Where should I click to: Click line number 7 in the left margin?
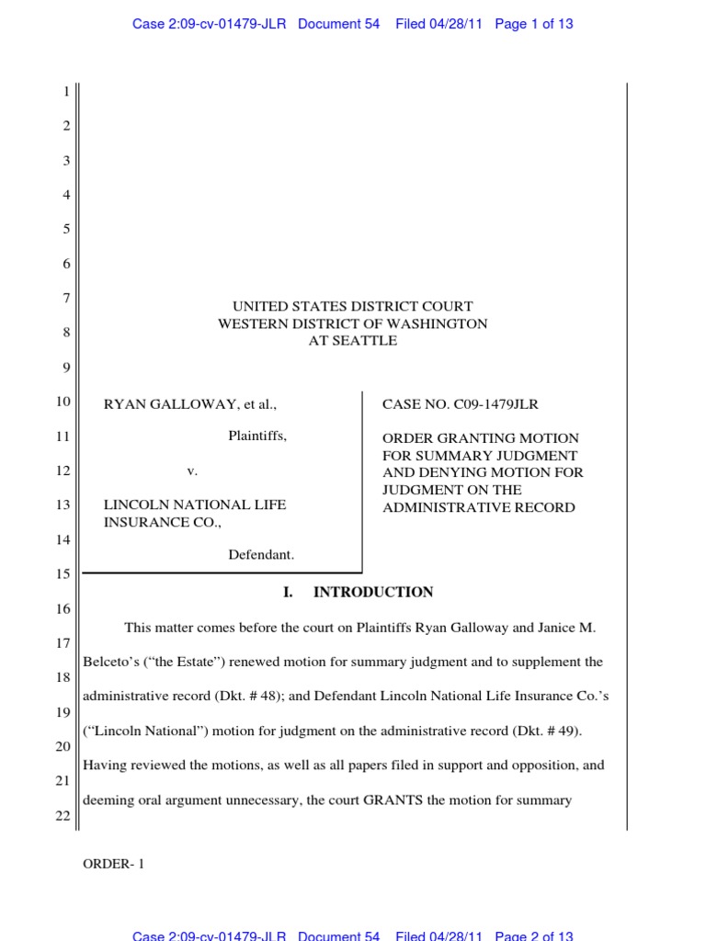click(x=66, y=299)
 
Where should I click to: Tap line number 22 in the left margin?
click(x=63, y=793)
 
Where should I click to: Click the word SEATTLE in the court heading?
click(x=366, y=341)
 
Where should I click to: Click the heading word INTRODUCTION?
click(x=373, y=593)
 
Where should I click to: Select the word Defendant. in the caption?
click(x=261, y=554)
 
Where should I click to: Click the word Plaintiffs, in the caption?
click(x=257, y=436)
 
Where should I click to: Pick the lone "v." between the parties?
click(x=192, y=470)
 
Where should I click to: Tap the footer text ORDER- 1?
click(x=114, y=864)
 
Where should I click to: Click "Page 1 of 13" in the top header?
click(x=534, y=24)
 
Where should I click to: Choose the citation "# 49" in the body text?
click(x=564, y=731)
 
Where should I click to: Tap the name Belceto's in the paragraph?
click(x=111, y=662)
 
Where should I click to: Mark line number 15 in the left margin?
click(x=63, y=574)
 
